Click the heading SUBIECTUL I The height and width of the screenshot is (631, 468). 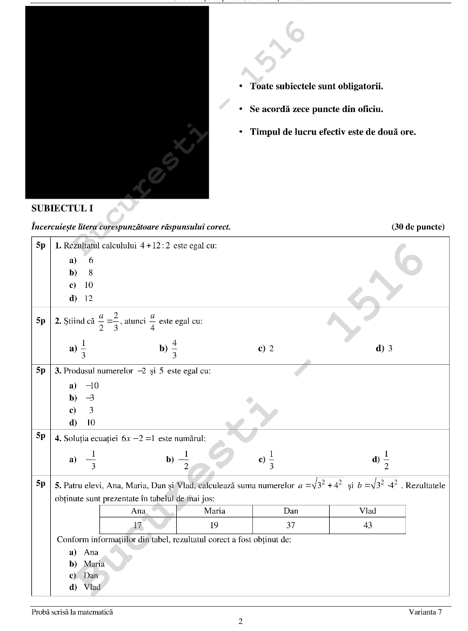[62, 208]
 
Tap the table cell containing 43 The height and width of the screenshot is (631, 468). [367, 525]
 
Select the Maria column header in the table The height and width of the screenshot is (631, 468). [215, 511]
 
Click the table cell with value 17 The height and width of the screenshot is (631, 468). [138, 525]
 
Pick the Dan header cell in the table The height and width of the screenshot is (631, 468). [291, 511]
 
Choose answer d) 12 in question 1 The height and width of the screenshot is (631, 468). [81, 298]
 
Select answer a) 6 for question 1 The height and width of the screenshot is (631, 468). [81, 260]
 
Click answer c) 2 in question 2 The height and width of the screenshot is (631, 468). [266, 349]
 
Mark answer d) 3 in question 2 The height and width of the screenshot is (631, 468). [384, 349]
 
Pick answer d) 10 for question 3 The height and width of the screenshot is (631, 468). [82, 423]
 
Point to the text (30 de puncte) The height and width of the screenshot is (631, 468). [418, 227]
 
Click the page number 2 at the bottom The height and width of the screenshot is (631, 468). [240, 621]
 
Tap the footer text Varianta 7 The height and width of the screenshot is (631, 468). [425, 612]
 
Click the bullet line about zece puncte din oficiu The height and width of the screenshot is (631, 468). [316, 109]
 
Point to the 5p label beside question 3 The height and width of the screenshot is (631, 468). [41, 371]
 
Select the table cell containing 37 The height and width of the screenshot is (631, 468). [291, 525]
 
